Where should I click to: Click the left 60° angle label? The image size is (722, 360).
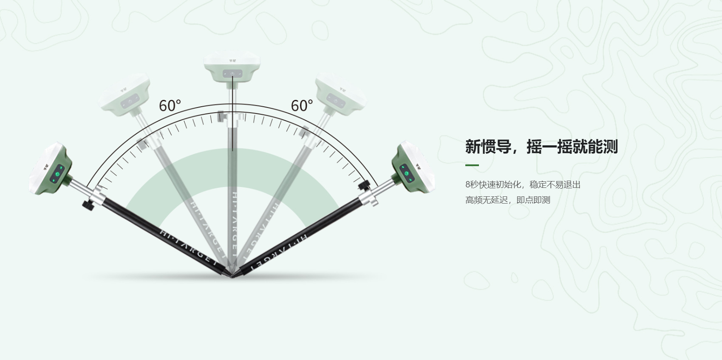(170, 105)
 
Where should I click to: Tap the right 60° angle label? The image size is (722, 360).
(302, 105)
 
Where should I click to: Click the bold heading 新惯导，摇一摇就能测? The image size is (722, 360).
(541, 147)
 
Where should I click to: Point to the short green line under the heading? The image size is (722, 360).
(472, 165)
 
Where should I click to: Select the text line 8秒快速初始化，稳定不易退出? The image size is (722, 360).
(523, 184)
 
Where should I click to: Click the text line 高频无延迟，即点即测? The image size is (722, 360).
(507, 200)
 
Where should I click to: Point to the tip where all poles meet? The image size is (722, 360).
(232, 277)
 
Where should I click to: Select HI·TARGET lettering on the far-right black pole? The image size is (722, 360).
(276, 251)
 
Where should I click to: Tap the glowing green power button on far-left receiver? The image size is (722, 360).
(56, 174)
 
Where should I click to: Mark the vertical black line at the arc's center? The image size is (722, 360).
(232, 132)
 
